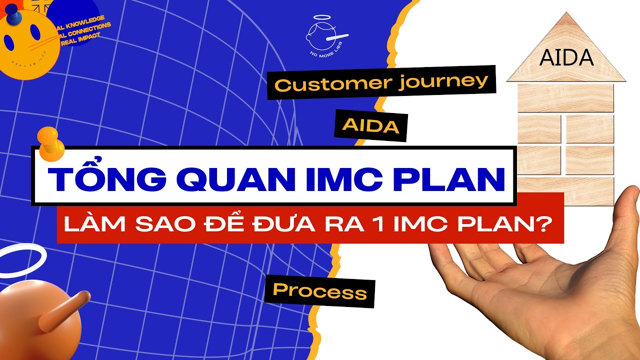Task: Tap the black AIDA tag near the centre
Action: pos(370,126)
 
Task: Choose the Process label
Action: pos(319,290)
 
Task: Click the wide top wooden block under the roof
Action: pos(565,98)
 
